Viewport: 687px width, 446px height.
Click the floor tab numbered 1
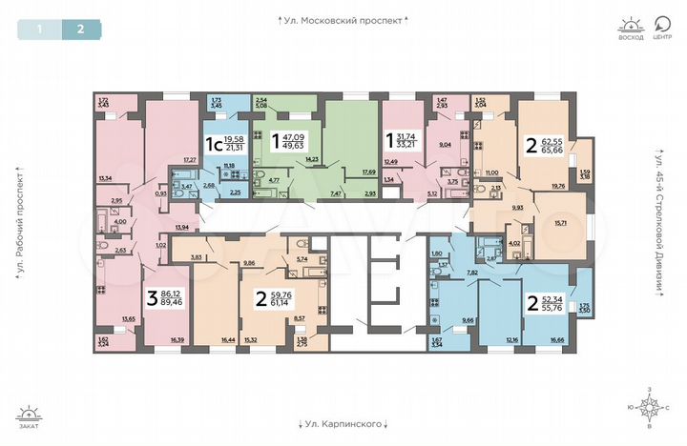39,28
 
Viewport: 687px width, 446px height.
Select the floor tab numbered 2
81,28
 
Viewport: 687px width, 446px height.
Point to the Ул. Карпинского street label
343,422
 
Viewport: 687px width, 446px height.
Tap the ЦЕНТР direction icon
662,26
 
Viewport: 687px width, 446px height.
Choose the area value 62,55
555,140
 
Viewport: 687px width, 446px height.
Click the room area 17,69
367,172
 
